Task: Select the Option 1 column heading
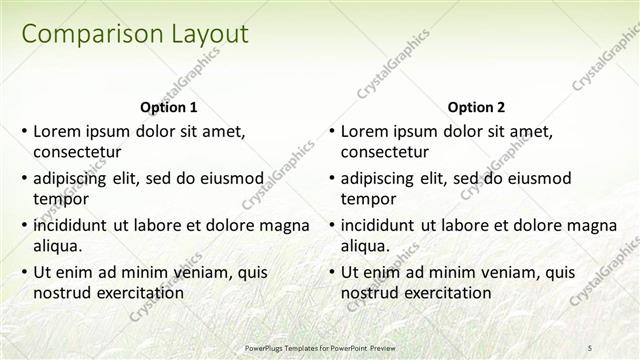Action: [169, 107]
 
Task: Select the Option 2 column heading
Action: [477, 107]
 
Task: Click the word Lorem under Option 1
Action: [56, 131]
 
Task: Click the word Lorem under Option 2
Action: [364, 131]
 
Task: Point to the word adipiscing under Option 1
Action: [75, 178]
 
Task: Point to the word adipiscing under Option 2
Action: [383, 178]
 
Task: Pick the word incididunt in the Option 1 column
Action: [75, 225]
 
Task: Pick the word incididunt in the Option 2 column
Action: [383, 225]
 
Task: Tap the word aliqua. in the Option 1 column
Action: [60, 246]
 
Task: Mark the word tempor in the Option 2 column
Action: [368, 199]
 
